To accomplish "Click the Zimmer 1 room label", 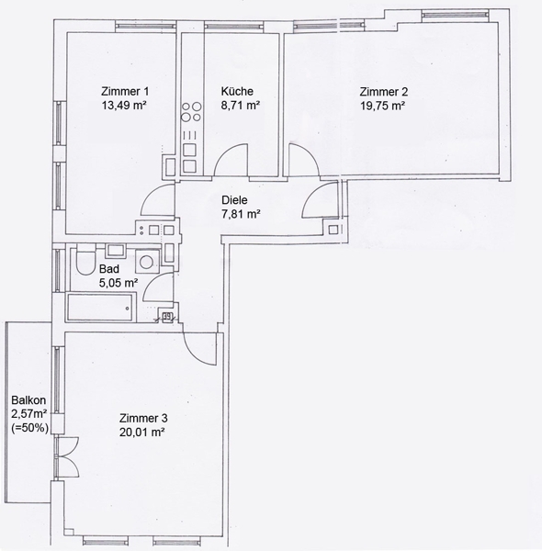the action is pos(125,91).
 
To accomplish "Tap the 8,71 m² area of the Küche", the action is pos(241,105).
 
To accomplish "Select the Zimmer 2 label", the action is pos(384,92).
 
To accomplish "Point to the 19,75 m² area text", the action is pos(383,106).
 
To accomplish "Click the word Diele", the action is pos(234,200).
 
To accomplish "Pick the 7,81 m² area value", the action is pos(241,214).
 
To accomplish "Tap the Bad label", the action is pos(109,269).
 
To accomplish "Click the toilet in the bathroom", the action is pos(85,262).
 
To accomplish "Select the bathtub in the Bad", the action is pos(100,308).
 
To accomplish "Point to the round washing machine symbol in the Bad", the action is pos(147,261).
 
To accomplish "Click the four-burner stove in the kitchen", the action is pos(192,111).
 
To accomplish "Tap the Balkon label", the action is pos(28,399).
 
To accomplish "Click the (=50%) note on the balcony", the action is pos(30,428).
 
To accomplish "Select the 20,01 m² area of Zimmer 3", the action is pos(142,432).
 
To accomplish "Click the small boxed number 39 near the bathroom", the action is pos(168,317).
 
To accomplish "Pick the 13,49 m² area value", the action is pos(124,105).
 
